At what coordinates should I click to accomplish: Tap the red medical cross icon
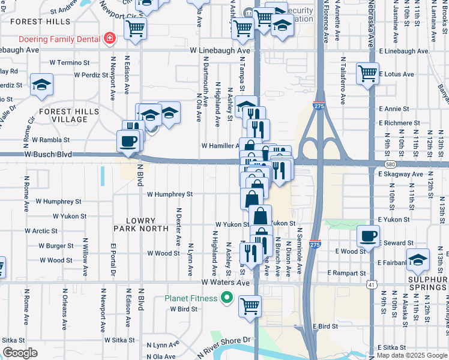pyautogui.click(x=110, y=39)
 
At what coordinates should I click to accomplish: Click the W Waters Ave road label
pyautogui.click(x=225, y=283)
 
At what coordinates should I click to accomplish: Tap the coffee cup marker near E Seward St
pyautogui.click(x=369, y=236)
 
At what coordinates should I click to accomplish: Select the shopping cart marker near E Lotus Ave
pyautogui.click(x=367, y=74)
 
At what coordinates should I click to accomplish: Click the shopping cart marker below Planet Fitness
pyautogui.click(x=250, y=305)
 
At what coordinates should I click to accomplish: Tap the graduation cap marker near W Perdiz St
pyautogui.click(x=41, y=85)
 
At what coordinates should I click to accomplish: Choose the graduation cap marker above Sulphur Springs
pyautogui.click(x=418, y=259)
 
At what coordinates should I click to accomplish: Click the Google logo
pyautogui.click(x=20, y=353)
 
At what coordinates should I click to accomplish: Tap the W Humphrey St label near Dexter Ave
pyautogui.click(x=170, y=194)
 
